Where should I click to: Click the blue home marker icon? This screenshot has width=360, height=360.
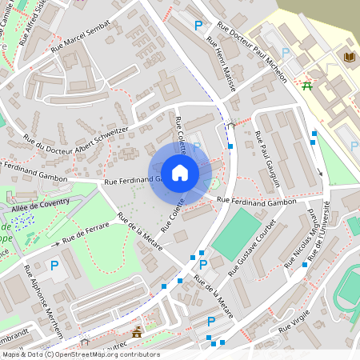[180, 172]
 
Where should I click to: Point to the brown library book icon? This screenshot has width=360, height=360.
[349, 57]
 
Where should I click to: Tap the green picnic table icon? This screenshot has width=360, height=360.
[308, 86]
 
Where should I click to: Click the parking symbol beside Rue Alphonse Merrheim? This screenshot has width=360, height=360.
[54, 265]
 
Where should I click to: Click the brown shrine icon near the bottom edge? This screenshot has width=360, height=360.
[137, 332]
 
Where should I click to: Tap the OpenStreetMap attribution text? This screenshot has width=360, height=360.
[80, 354]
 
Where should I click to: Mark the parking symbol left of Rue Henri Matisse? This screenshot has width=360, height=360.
[198, 26]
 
